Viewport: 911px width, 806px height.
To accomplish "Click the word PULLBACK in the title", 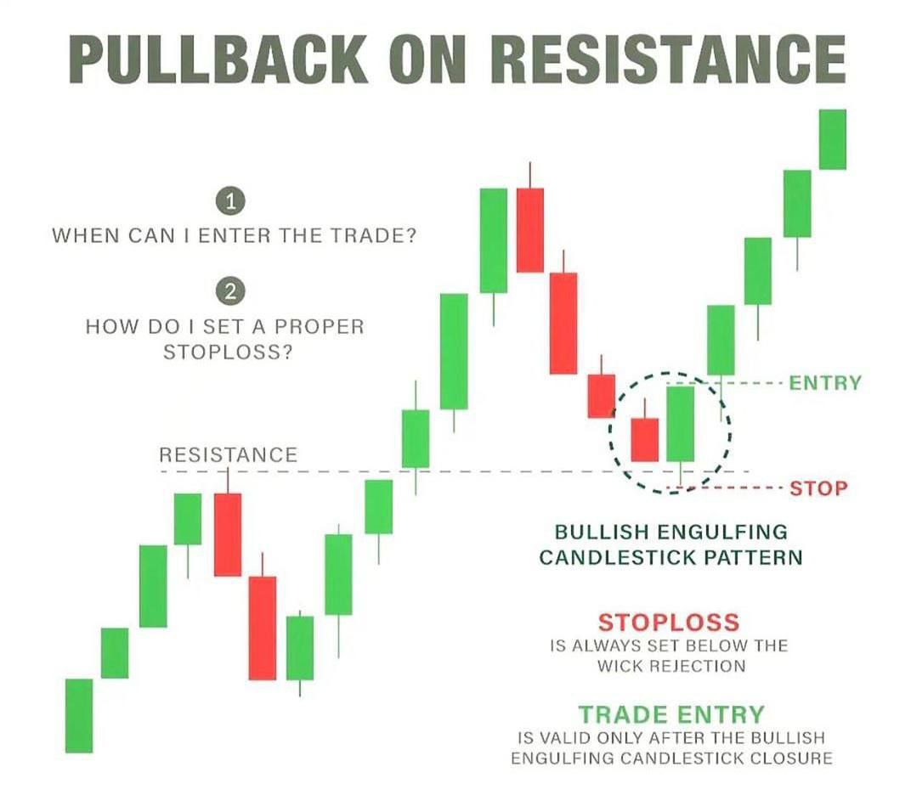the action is point(218,59).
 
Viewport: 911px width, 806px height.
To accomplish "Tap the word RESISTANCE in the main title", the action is point(668,59).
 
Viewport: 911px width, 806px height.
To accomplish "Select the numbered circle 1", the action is point(230,201).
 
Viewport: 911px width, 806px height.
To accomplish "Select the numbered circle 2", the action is point(230,291).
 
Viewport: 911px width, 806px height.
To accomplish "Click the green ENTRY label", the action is point(825,383).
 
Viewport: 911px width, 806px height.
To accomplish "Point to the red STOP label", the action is point(818,488).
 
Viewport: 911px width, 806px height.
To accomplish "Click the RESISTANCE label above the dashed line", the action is point(229,454).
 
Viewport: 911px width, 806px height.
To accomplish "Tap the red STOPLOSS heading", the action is point(669,622).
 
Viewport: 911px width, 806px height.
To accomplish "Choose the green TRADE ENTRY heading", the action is point(671,714).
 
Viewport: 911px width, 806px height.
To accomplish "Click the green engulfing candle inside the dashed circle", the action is point(681,424).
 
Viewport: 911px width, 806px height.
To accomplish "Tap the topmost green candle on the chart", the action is point(833,139).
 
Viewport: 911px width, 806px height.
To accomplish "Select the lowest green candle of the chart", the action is point(79,715).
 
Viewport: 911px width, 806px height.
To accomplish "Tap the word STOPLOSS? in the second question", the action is point(228,352).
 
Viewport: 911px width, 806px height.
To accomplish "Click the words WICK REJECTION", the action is point(671,666).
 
